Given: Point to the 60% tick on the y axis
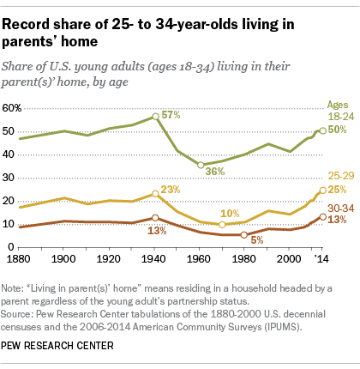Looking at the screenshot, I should click(12, 108).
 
